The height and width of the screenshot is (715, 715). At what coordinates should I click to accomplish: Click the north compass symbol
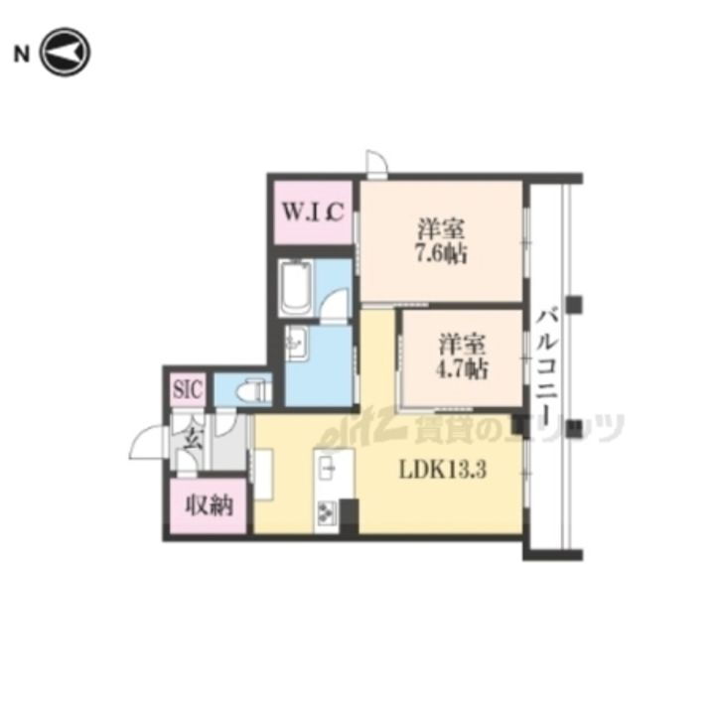66,52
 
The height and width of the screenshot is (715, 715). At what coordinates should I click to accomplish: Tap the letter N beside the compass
22,55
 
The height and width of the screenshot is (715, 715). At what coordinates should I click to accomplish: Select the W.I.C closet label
313,213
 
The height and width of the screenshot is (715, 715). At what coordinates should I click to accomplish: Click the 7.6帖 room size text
441,253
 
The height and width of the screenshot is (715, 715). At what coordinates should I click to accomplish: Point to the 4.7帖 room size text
462,368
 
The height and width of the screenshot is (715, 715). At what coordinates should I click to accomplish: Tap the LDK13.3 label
443,470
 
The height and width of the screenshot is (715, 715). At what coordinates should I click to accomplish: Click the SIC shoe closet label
188,390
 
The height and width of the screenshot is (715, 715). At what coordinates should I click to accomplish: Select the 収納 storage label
210,505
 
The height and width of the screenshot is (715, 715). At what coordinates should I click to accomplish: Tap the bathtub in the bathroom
296,287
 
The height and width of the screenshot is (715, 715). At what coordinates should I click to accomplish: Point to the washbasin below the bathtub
296,343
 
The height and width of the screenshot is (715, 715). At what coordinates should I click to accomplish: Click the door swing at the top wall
377,162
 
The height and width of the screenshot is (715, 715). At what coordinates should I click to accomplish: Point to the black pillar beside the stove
350,516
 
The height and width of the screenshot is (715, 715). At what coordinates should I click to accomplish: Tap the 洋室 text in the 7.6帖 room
441,229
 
